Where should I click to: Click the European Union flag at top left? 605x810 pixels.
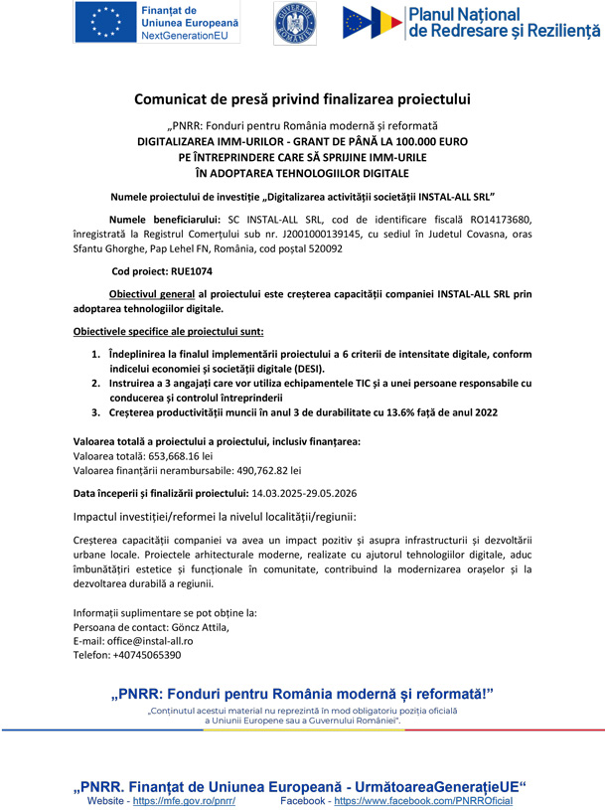[103, 23]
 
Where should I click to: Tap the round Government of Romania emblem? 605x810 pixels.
[295, 25]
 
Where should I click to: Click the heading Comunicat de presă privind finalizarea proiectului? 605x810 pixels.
[302, 99]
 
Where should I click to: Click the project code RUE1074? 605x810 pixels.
[187, 270]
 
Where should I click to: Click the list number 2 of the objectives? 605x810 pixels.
[96, 383]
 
